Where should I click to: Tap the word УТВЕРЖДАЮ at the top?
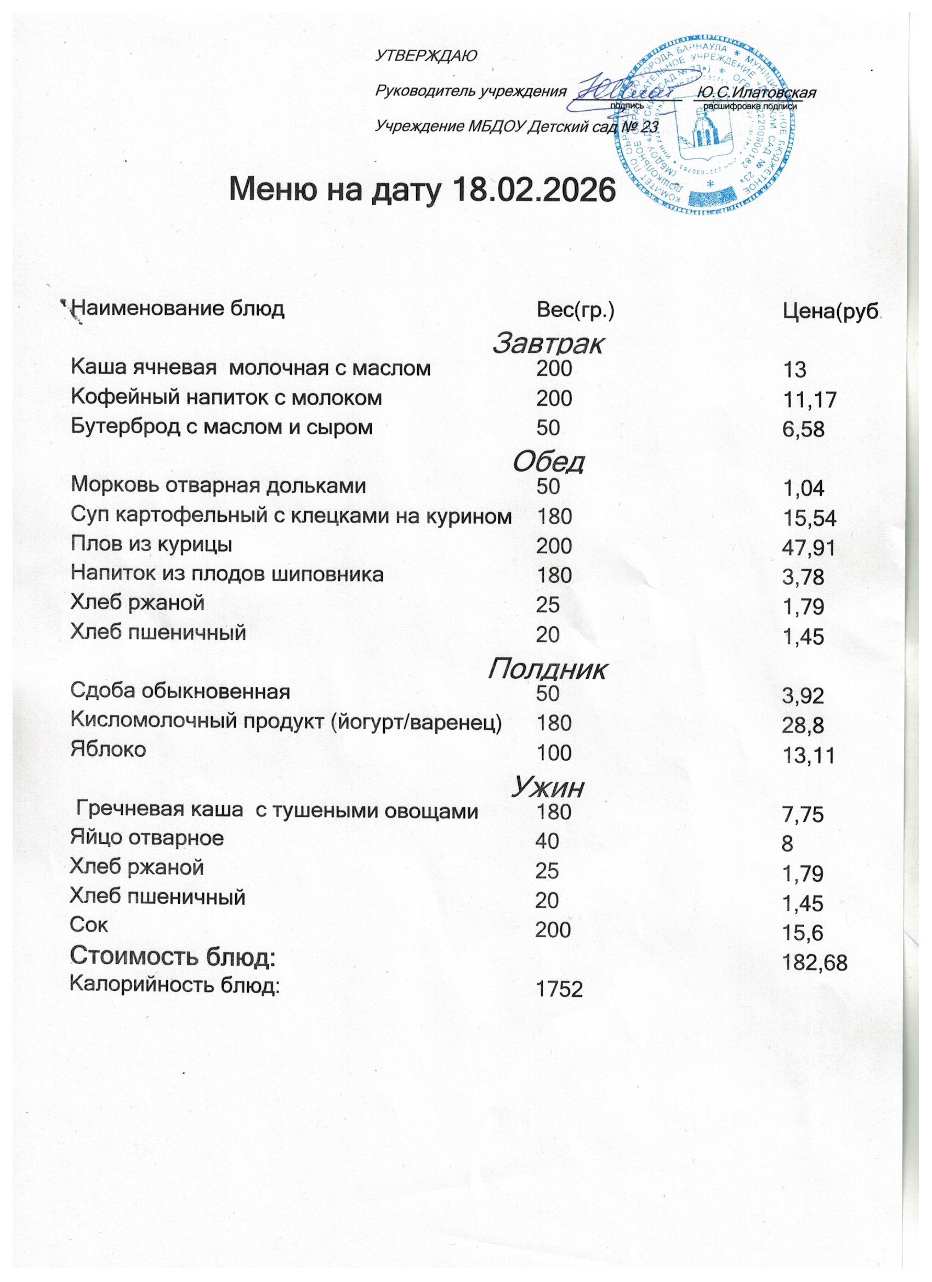[x=427, y=55]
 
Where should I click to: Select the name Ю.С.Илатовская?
[x=757, y=92]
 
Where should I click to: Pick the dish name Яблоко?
[x=108, y=749]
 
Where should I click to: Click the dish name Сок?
[x=89, y=924]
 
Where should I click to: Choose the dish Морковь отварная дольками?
[x=218, y=485]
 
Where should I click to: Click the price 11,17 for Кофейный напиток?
[x=809, y=400]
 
